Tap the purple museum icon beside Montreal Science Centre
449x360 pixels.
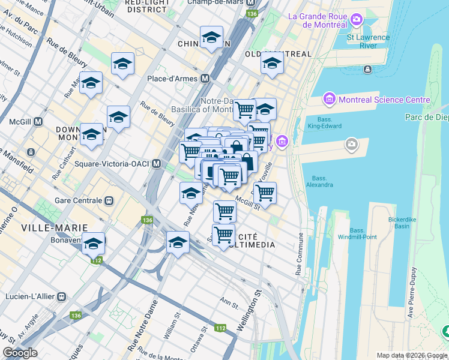(328, 99)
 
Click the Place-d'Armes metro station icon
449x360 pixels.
(205, 78)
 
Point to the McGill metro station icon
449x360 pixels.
(38, 121)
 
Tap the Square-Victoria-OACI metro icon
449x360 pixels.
(156, 163)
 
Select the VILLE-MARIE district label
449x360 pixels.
(55, 228)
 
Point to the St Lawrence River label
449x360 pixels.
(368, 41)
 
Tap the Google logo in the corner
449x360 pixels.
(20, 353)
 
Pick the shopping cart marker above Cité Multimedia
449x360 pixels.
(224, 211)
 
